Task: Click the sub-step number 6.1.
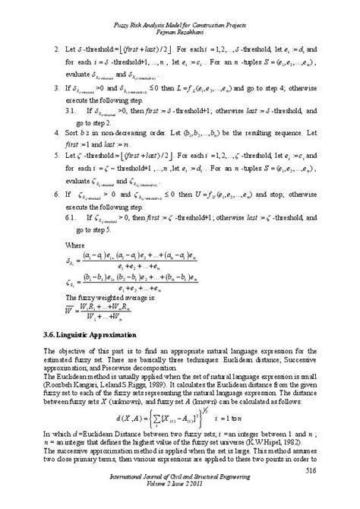click(69, 216)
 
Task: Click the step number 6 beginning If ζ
click(47, 194)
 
